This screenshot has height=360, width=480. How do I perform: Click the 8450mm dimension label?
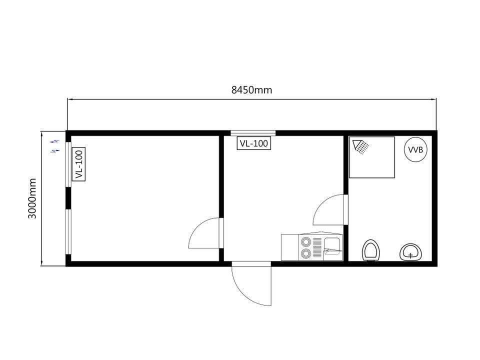(x=251, y=90)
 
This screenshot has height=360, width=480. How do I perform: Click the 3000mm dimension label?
(x=32, y=198)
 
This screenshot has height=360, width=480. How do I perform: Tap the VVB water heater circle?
(x=415, y=149)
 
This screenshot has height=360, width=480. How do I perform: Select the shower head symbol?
(x=360, y=146)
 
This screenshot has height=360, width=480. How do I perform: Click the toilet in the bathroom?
(x=371, y=250)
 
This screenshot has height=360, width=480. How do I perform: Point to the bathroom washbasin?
(x=410, y=252)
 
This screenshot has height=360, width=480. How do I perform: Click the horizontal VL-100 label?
(x=254, y=143)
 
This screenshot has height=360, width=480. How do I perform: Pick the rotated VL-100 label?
(x=78, y=164)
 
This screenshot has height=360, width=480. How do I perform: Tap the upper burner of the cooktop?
(x=305, y=242)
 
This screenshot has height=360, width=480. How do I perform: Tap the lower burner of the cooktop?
(x=305, y=253)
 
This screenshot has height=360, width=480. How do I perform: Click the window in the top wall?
(x=253, y=133)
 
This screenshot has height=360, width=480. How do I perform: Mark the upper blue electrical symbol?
(x=55, y=141)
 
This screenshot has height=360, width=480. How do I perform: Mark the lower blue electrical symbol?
(x=55, y=151)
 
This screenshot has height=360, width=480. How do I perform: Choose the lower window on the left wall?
(x=68, y=231)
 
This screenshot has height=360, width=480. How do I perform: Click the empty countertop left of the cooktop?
(x=290, y=247)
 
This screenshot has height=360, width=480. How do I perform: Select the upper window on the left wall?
(x=68, y=164)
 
